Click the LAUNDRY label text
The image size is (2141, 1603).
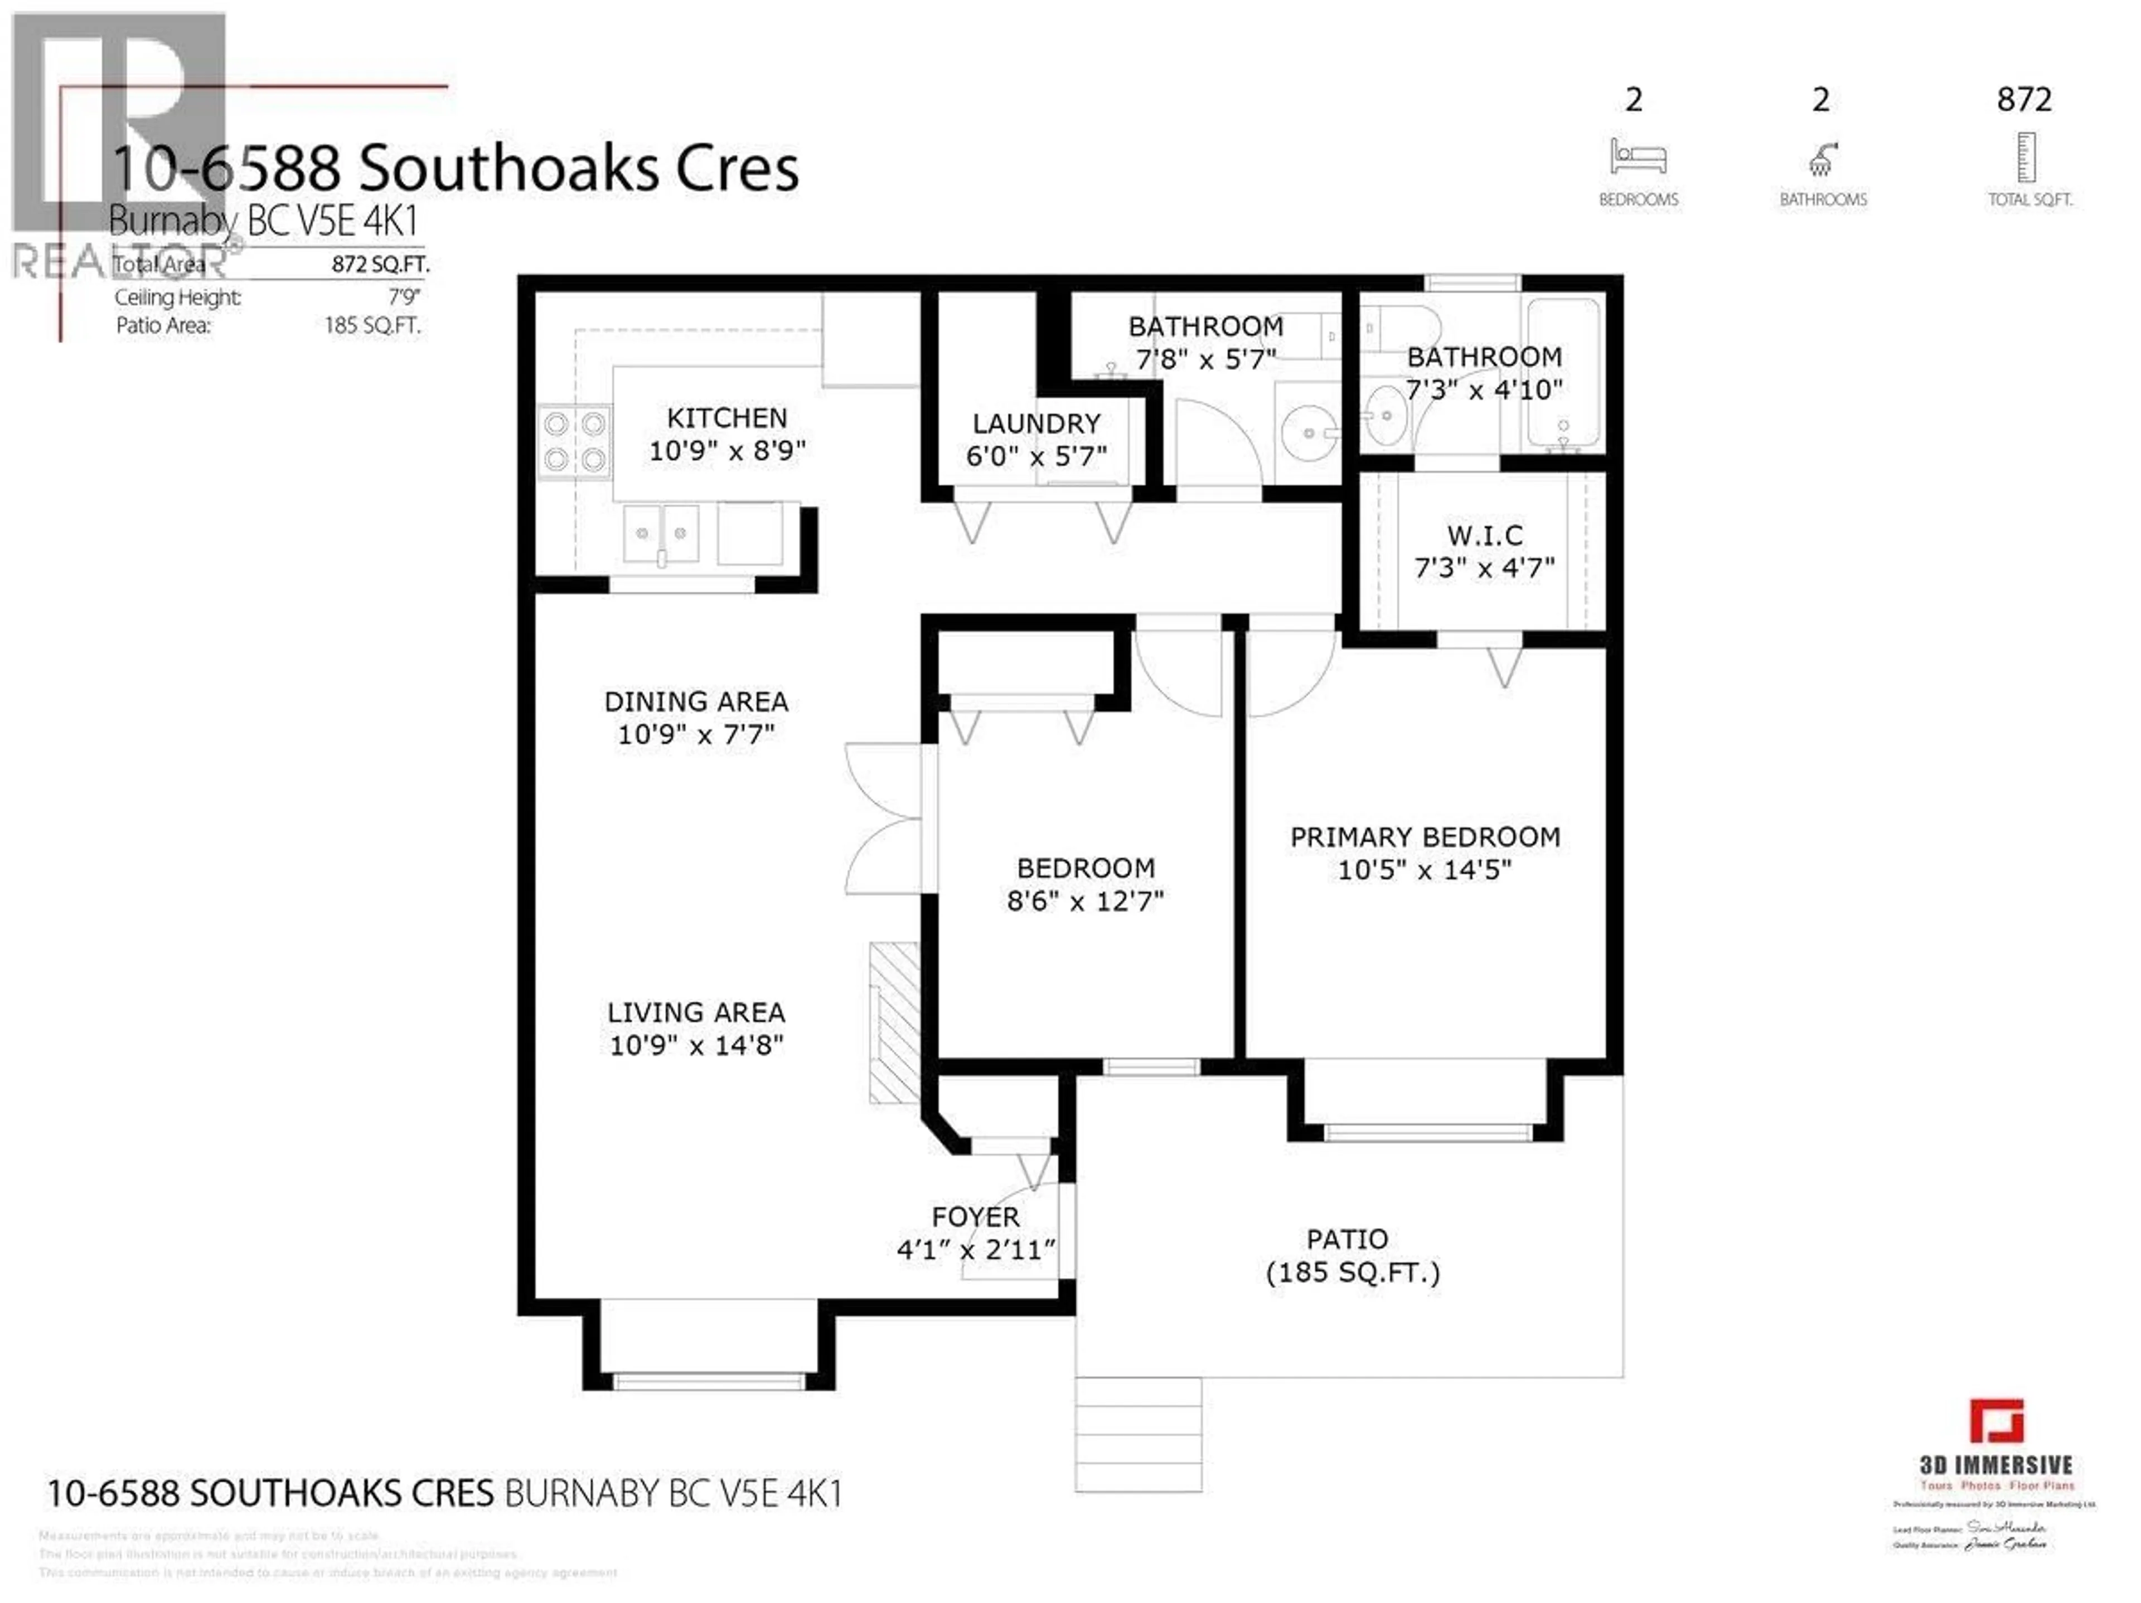pyautogui.click(x=1036, y=423)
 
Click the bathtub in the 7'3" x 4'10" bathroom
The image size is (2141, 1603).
pyautogui.click(x=1562, y=372)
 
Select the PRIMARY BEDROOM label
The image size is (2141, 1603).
pyautogui.click(x=1425, y=837)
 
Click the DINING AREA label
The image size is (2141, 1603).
pyautogui.click(x=696, y=701)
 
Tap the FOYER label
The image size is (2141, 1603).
pyautogui.click(x=975, y=1217)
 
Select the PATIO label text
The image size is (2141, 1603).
pyautogui.click(x=1347, y=1239)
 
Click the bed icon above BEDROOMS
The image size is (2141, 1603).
pyautogui.click(x=1638, y=157)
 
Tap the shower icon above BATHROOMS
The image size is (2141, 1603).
pyautogui.click(x=1822, y=159)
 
